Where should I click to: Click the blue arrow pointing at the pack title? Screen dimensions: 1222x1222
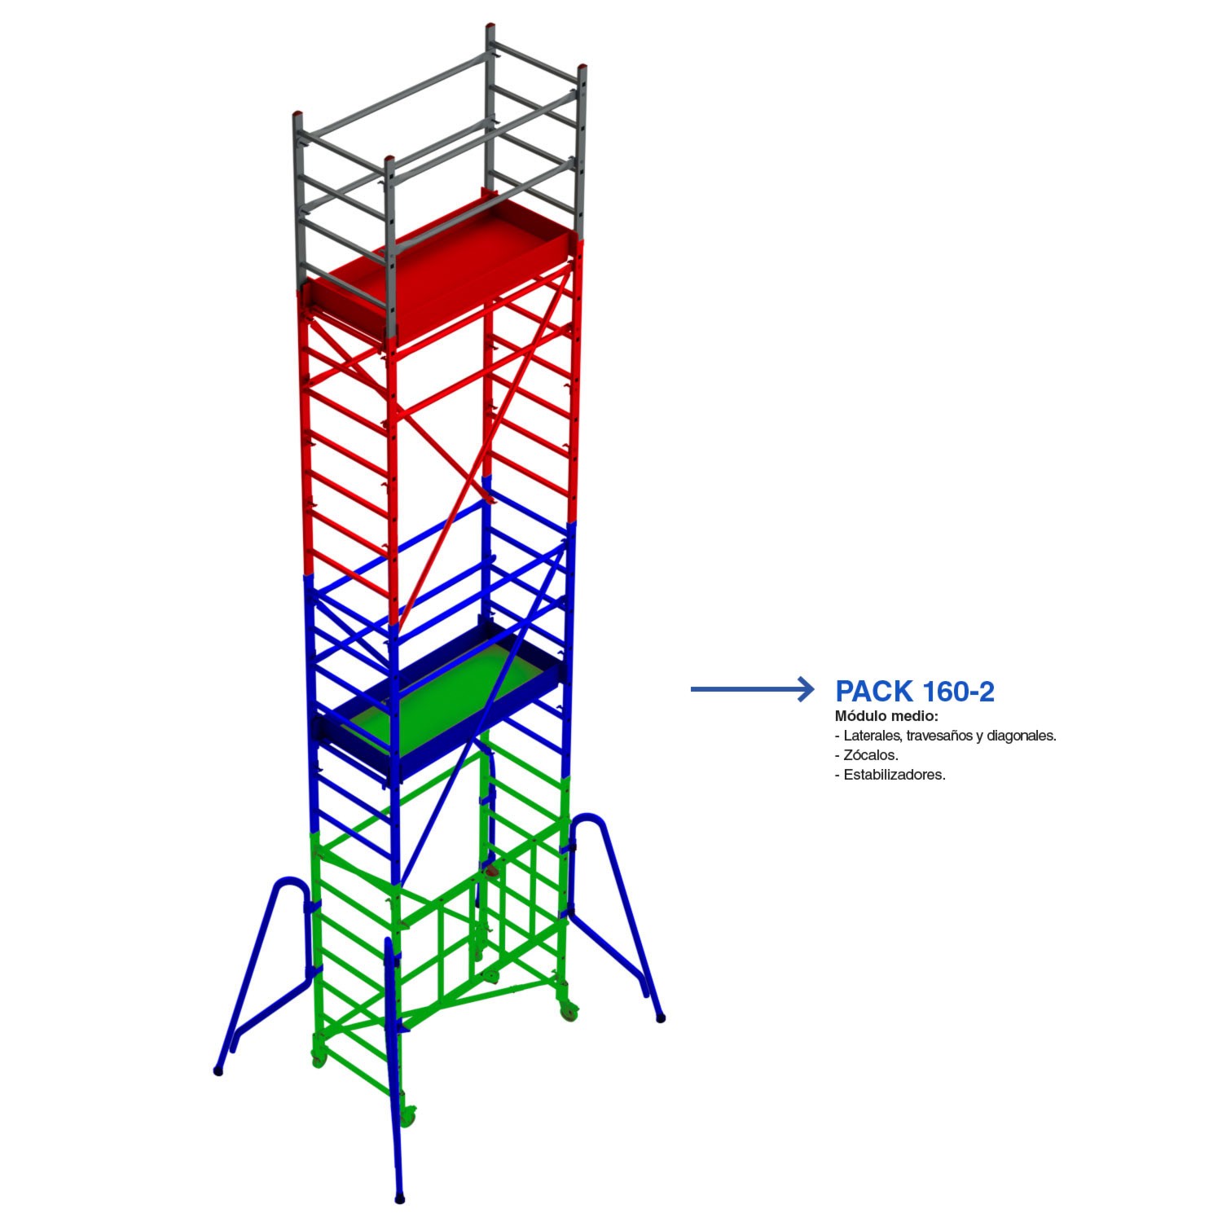pos(752,689)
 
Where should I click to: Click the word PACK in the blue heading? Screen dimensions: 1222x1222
pos(874,691)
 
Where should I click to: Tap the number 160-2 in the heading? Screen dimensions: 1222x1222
pos(958,691)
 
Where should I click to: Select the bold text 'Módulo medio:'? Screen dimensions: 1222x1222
pos(886,716)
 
